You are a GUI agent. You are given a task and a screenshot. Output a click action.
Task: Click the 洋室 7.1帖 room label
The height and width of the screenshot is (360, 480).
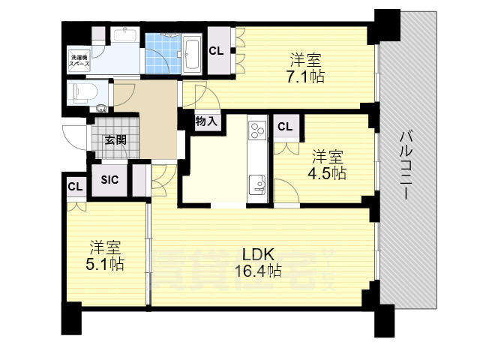point(305,68)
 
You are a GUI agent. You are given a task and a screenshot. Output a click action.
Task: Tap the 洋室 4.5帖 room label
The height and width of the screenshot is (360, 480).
point(327,165)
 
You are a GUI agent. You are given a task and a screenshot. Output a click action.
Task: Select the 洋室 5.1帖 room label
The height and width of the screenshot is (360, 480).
point(105,256)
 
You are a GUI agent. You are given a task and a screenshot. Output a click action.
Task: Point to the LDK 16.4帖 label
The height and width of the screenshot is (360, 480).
point(258,262)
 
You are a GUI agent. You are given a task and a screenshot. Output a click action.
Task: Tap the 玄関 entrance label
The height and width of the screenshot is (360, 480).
point(115,140)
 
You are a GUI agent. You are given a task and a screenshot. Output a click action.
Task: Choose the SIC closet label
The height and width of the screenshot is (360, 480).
point(109,180)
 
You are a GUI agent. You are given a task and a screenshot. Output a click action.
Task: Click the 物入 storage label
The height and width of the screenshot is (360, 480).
point(206,121)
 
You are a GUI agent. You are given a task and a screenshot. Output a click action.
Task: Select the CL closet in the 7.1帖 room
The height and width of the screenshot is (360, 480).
point(216,51)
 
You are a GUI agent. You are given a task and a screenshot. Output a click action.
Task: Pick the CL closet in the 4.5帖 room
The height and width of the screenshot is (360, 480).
point(285,126)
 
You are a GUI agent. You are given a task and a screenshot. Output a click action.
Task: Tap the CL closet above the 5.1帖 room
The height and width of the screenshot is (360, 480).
point(75,187)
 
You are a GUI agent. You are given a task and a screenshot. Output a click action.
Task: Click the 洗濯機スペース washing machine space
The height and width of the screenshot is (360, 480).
point(79,61)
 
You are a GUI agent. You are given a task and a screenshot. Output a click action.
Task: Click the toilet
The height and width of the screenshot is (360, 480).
point(82,91)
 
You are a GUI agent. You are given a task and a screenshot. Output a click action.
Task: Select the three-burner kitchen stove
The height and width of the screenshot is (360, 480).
point(257,130)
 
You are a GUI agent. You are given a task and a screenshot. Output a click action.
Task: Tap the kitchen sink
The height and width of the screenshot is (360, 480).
point(257,184)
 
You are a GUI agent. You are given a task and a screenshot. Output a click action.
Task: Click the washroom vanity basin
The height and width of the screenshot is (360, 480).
point(124,34)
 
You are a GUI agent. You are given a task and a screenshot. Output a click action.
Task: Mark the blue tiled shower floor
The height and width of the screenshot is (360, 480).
point(163,53)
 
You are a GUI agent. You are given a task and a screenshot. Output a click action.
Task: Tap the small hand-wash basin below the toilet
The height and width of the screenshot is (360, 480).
point(101,108)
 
